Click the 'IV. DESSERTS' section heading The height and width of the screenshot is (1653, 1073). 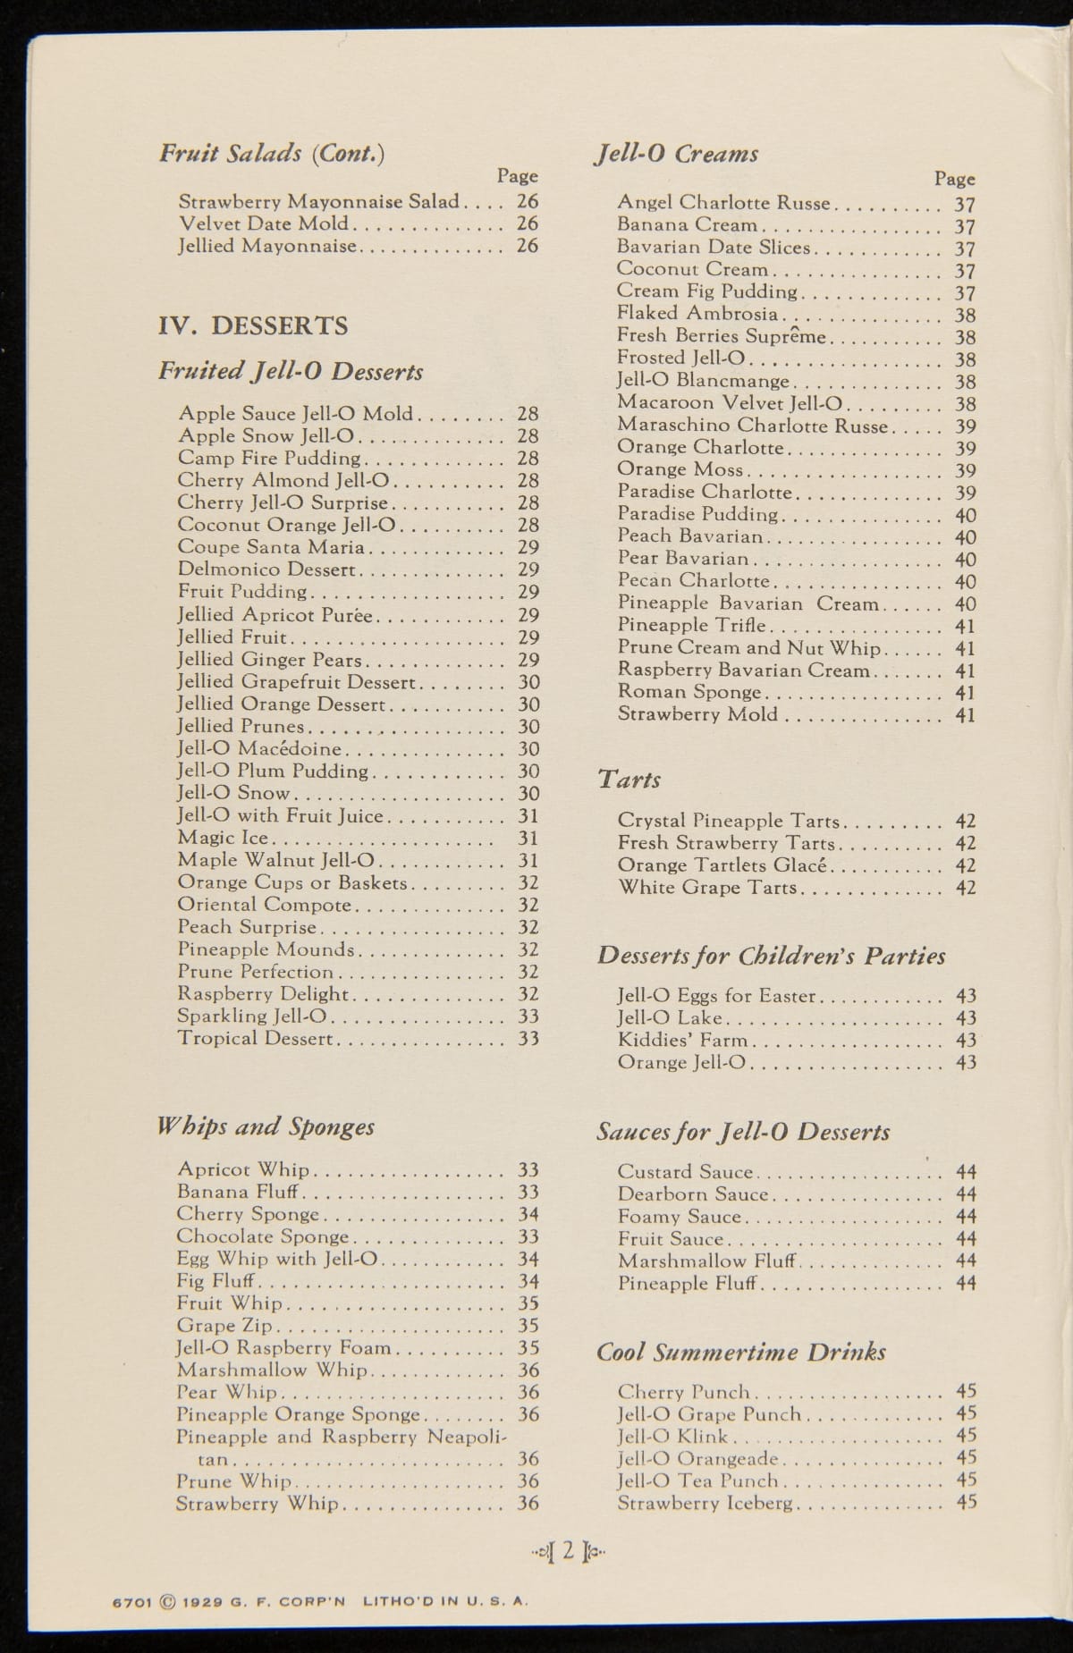point(253,325)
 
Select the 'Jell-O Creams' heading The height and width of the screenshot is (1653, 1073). point(677,154)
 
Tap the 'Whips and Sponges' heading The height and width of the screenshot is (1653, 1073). point(266,1126)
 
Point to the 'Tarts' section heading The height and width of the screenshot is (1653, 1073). point(629,780)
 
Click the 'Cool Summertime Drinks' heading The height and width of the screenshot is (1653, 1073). point(741,1351)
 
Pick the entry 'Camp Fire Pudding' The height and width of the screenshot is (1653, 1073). point(268,459)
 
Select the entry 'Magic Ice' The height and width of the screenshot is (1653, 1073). point(223,838)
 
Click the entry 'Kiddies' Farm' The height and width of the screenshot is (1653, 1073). point(682,1040)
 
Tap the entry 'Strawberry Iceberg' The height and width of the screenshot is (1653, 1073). point(705,1503)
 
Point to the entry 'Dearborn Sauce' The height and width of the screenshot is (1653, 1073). point(692,1194)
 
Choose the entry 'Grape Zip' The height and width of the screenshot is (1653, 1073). point(224,1326)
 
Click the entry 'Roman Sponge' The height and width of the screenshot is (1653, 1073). point(689,692)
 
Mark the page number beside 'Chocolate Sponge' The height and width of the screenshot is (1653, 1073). point(528,1236)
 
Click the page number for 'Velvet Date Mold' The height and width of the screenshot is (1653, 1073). point(528,223)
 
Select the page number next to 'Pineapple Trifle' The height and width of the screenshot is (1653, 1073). point(966,626)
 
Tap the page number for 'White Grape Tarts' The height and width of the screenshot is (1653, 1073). point(966,888)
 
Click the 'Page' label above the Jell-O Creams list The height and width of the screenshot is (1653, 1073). point(954,179)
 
